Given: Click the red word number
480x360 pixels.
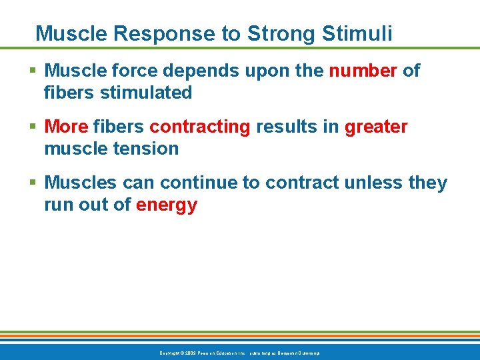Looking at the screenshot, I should (363, 71).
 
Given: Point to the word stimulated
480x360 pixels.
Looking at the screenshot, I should (145, 93).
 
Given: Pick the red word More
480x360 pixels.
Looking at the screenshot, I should (66, 127).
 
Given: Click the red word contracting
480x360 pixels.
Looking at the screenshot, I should (199, 127).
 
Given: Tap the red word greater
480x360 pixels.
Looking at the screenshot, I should (375, 127).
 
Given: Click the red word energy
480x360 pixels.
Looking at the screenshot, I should (167, 205).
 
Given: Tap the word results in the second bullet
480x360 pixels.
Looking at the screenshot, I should (286, 127).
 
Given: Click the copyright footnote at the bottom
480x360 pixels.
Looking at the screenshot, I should (239, 352).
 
